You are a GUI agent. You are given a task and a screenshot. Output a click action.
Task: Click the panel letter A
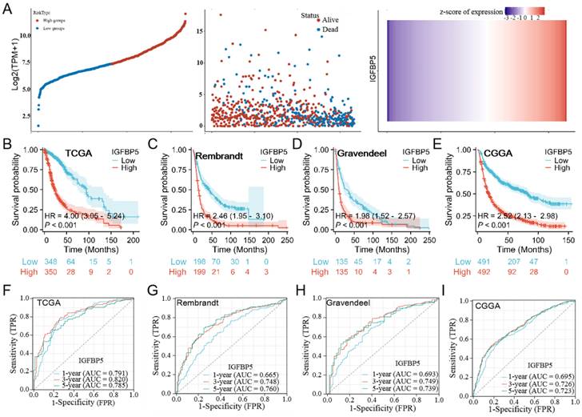pyautogui.click(x=7, y=7)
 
